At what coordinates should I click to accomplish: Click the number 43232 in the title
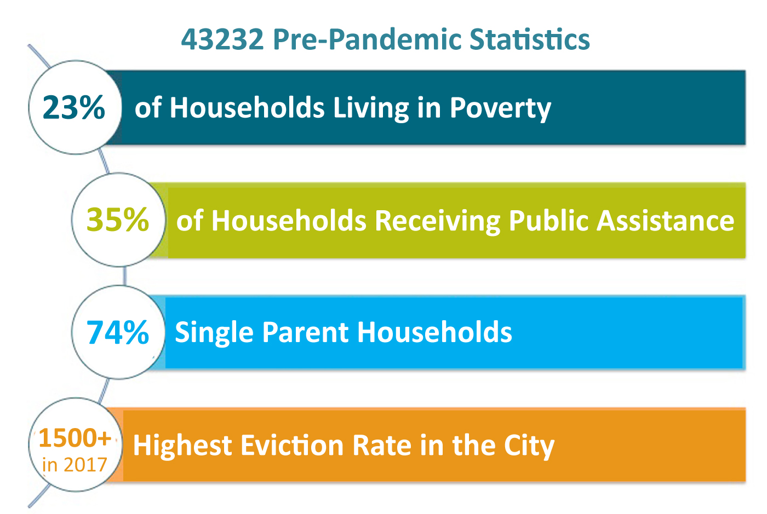pyautogui.click(x=222, y=39)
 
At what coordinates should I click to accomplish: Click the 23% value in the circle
pyautogui.click(x=73, y=107)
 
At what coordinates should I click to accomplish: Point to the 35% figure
pyautogui.click(x=117, y=220)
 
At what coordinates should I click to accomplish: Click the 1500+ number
pyautogui.click(x=75, y=438)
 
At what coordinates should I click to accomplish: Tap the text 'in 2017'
pyautogui.click(x=75, y=465)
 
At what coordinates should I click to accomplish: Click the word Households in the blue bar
pyautogui.click(x=434, y=332)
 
